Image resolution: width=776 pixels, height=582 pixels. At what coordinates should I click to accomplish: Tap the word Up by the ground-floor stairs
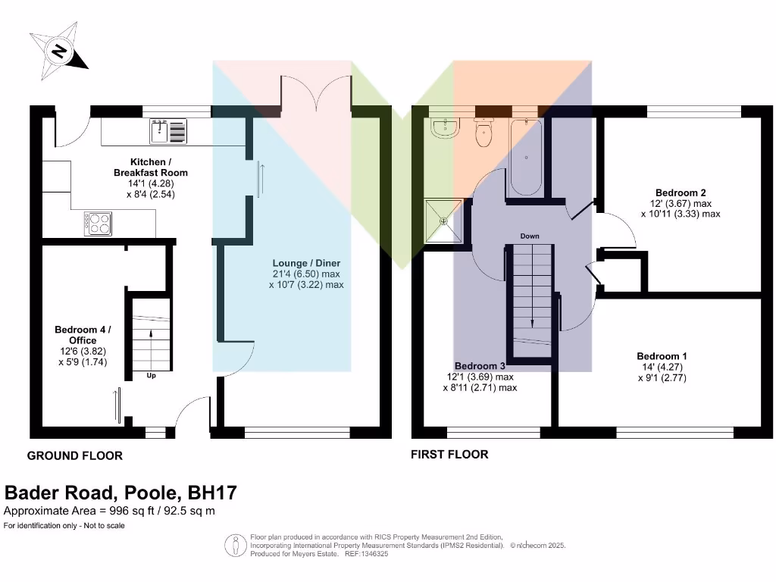tap(151, 375)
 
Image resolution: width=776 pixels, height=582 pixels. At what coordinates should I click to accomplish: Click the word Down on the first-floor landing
tap(530, 236)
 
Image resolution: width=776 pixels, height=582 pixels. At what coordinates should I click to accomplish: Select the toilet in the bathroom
tap(483, 133)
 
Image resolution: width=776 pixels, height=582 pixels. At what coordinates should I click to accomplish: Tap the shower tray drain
tap(444, 222)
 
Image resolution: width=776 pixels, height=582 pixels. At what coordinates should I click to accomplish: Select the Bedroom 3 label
tap(480, 365)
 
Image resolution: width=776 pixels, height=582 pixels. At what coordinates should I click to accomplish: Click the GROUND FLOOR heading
tap(74, 455)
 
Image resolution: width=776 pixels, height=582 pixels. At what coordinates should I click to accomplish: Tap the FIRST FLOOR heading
tap(449, 455)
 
